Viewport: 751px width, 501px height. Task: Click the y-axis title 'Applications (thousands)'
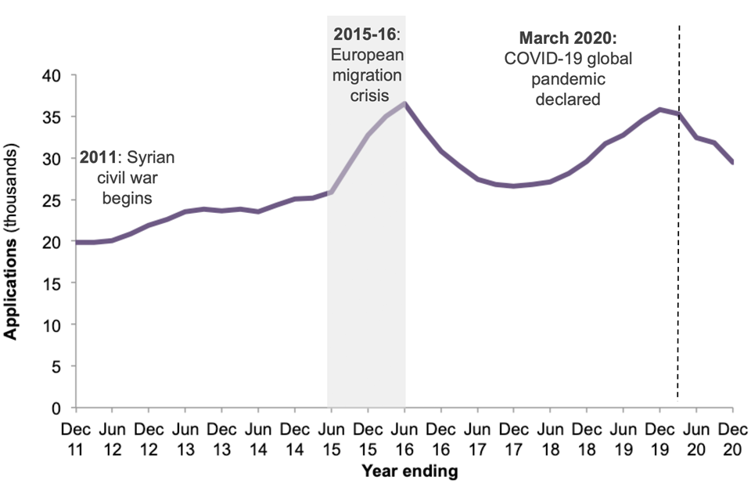click(x=12, y=241)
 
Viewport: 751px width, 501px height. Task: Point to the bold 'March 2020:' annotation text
click(x=557, y=38)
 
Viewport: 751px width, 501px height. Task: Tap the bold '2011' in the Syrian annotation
click(x=97, y=157)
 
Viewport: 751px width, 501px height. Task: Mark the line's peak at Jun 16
click(x=404, y=103)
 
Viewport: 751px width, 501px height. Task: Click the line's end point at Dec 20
click(x=733, y=162)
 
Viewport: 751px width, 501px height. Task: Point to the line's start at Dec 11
click(x=76, y=242)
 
